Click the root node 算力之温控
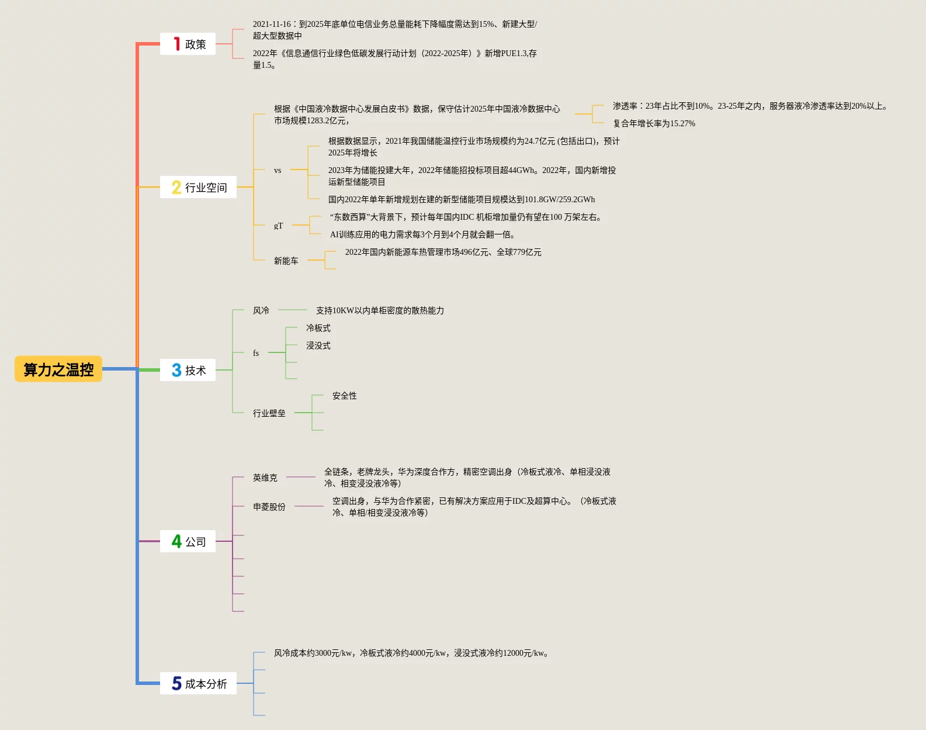(58, 369)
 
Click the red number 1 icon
(176, 44)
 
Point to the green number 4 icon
(176, 541)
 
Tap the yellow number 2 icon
(176, 187)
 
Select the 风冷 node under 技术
(261, 310)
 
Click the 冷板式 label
(318, 328)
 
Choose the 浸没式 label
(318, 345)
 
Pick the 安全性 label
(345, 396)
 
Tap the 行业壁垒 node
(269, 413)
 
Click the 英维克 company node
(265, 478)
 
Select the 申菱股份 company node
(269, 507)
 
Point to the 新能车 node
(286, 261)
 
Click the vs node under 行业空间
(278, 170)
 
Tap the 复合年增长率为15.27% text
(654, 123)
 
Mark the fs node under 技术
(256, 353)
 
